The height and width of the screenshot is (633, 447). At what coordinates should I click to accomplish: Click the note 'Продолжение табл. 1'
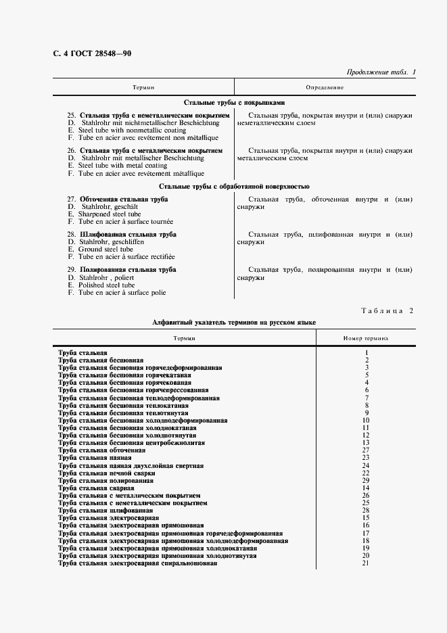click(x=381, y=72)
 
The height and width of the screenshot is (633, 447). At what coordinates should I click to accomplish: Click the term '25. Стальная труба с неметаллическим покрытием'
click(x=149, y=116)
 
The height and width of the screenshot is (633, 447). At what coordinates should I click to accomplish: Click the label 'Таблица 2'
click(x=383, y=310)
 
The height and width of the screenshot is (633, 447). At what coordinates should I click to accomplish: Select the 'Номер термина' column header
click(x=366, y=339)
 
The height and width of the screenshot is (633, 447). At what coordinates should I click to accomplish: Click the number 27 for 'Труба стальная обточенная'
click(x=366, y=450)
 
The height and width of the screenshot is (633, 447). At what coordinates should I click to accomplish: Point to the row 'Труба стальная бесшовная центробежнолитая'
click(x=132, y=443)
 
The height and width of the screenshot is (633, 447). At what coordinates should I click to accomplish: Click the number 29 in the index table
click(x=366, y=480)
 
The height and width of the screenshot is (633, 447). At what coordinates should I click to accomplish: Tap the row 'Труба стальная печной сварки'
click(x=102, y=473)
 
